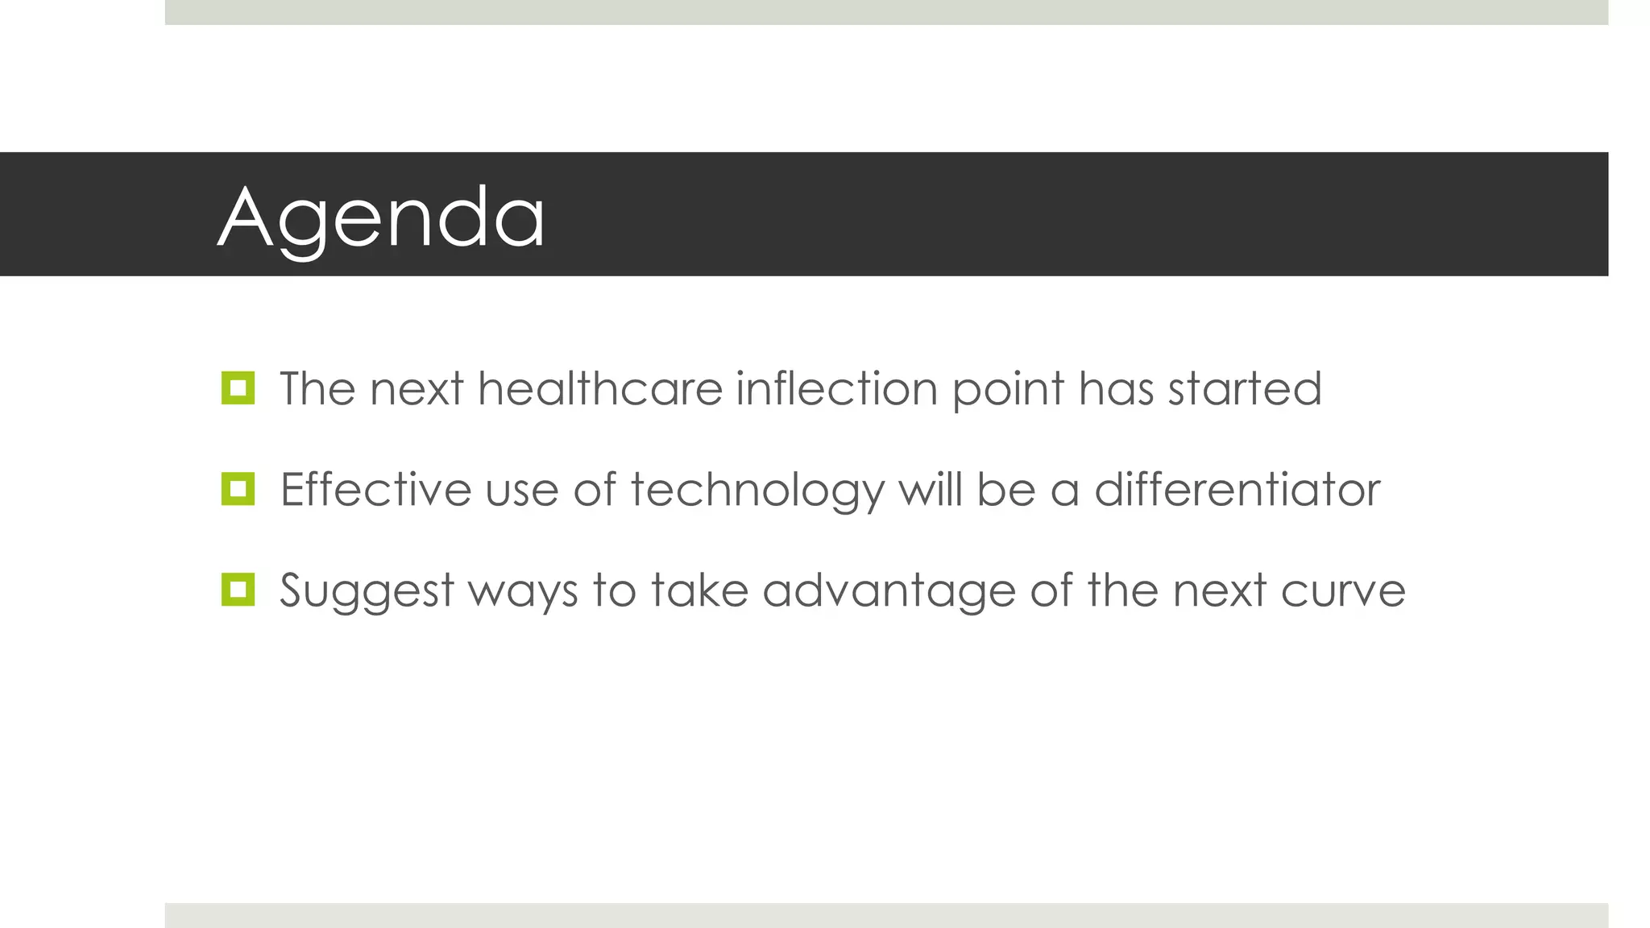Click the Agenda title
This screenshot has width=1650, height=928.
point(381,216)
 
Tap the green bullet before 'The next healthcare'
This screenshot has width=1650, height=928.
point(238,388)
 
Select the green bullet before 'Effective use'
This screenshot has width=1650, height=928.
point(238,489)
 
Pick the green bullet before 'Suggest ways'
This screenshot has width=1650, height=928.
point(238,590)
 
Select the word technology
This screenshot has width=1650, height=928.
point(757,491)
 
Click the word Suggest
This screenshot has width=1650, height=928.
point(367,591)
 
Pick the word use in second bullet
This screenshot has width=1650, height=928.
point(521,491)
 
